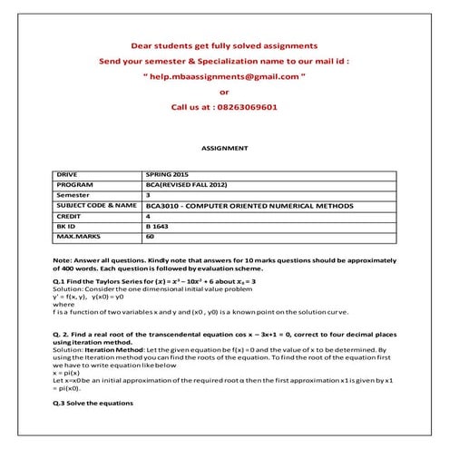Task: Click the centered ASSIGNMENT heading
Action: point(224,147)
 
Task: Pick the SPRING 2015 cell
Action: point(169,172)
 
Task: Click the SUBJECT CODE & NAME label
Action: point(97,206)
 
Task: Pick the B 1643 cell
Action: point(159,228)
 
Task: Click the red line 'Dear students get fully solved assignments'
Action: point(224,44)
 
